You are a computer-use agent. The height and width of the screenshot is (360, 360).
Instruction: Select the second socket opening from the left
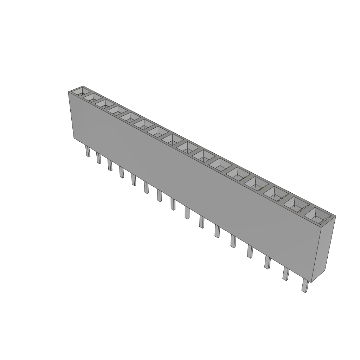[92, 98]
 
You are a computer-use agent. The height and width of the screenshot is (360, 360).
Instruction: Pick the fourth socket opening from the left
[116, 110]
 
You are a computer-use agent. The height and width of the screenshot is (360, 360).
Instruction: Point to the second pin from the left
[98, 159]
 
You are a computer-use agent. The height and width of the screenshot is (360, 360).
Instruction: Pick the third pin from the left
[110, 165]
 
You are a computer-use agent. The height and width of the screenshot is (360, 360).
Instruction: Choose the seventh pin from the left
[159, 195]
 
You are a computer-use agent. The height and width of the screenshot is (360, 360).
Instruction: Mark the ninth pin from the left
[187, 213]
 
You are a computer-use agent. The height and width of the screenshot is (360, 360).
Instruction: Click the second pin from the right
[285, 274]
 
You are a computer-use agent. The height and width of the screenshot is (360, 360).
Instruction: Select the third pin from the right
[267, 263]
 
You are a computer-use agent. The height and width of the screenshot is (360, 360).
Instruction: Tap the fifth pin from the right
[233, 242]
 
